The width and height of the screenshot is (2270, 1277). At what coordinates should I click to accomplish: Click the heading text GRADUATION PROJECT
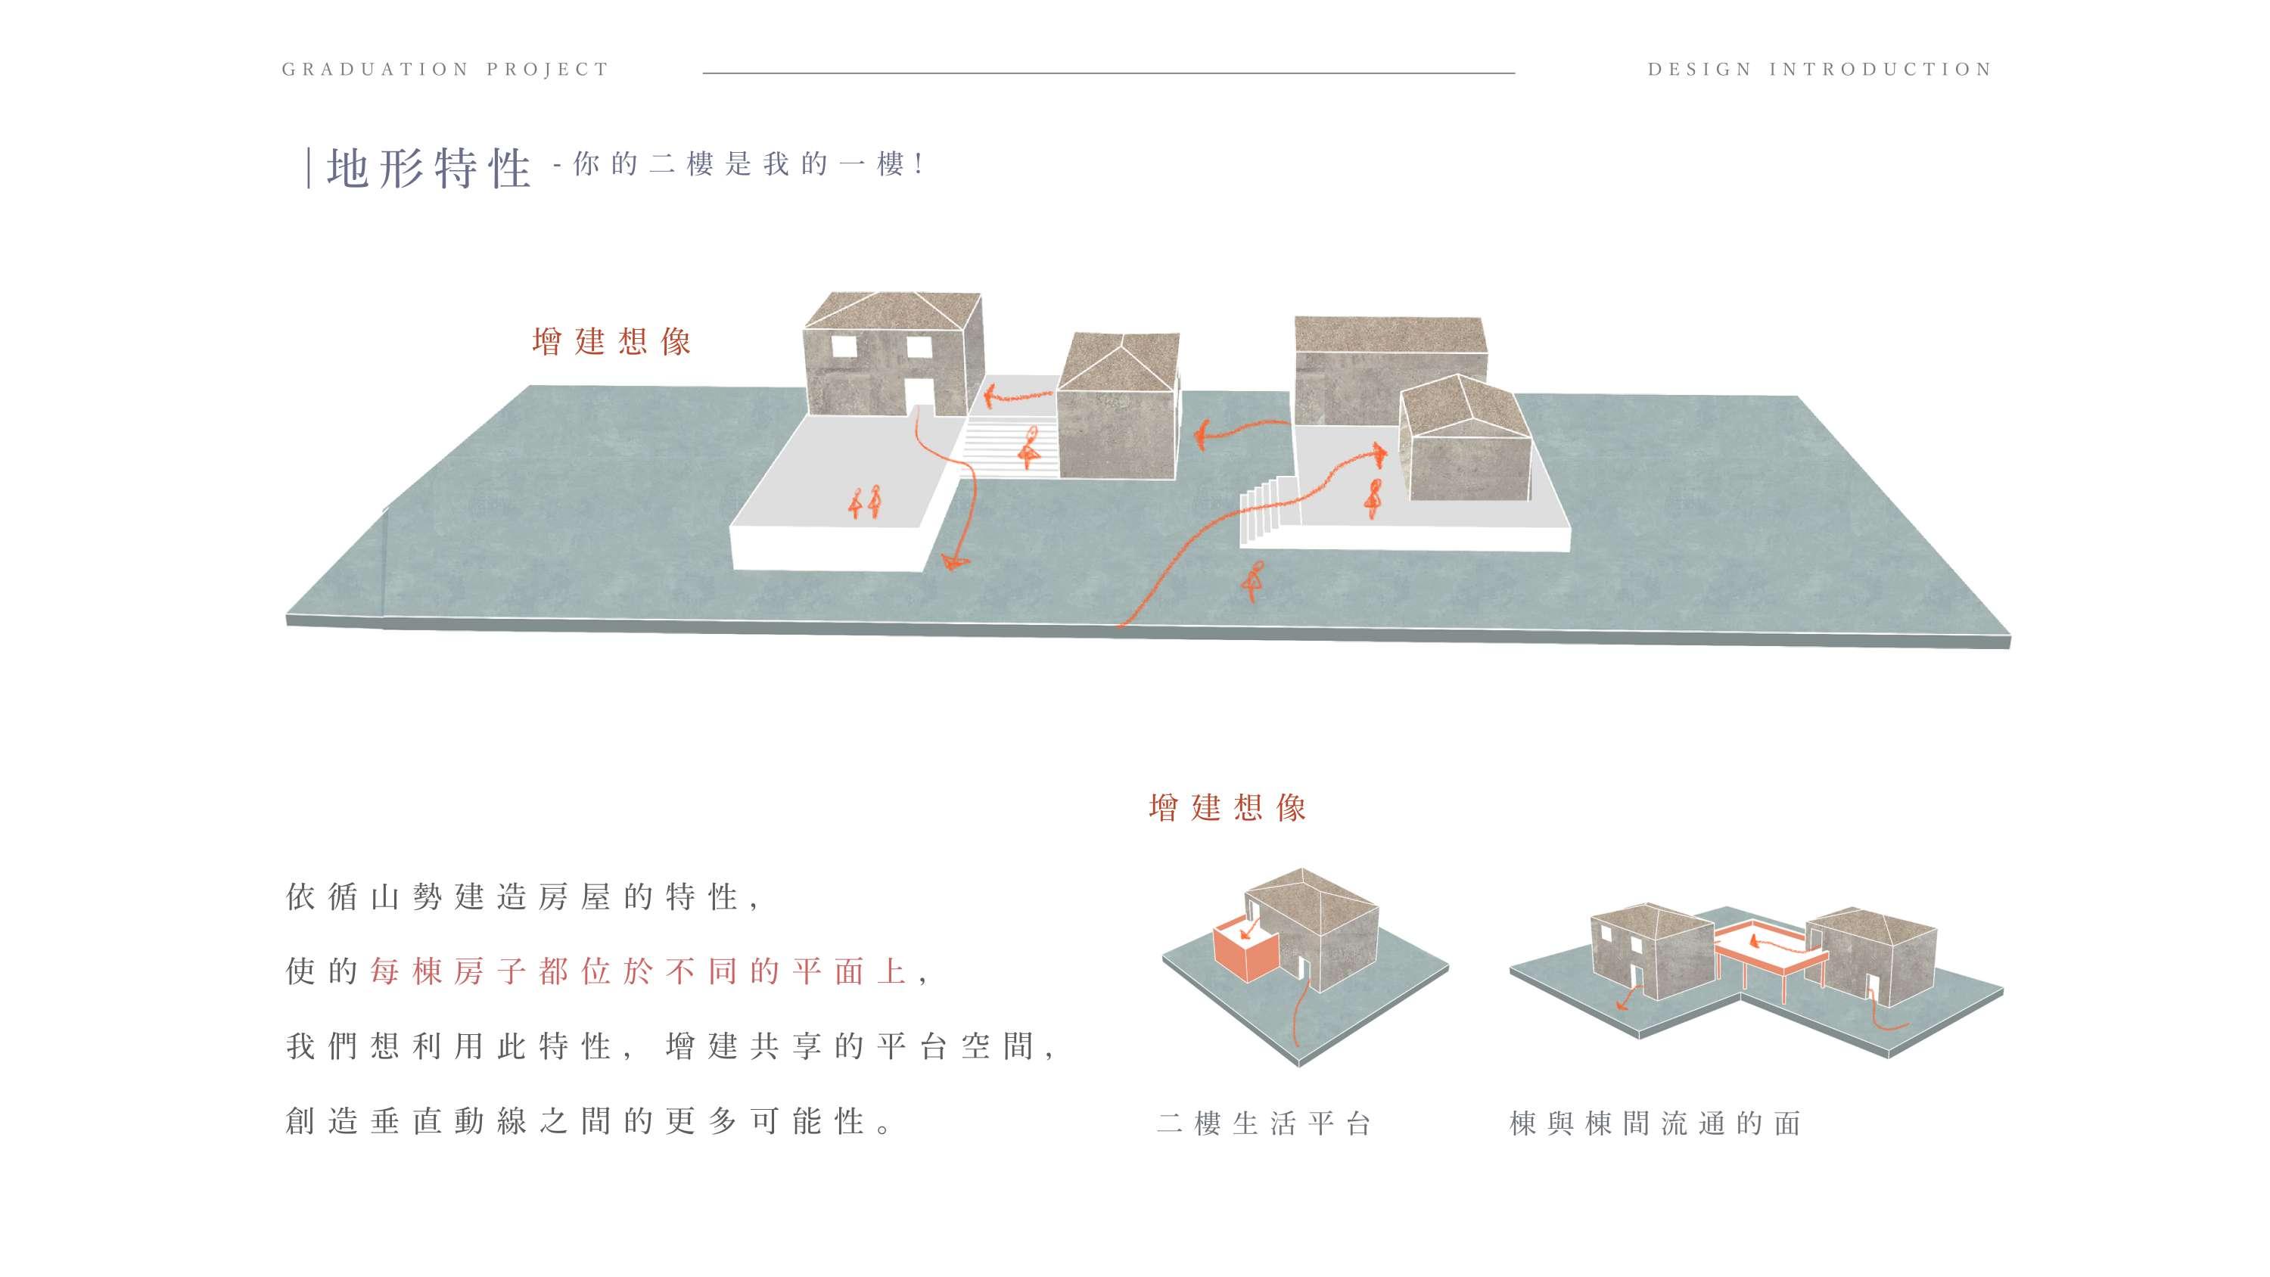pos(445,70)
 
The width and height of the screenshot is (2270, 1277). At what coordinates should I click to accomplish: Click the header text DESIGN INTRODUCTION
pos(1820,70)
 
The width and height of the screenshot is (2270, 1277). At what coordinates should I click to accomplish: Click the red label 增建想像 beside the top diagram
pos(611,341)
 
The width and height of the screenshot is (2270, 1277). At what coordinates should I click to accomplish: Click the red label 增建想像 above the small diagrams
pos(1227,807)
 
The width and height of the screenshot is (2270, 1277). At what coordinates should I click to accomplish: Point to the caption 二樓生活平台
pos(1264,1123)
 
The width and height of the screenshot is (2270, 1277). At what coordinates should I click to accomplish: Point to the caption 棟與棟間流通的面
pos(1655,1123)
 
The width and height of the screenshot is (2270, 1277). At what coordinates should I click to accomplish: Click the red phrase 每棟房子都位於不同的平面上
pos(638,971)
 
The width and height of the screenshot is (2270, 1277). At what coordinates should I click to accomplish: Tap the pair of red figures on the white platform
pos(864,502)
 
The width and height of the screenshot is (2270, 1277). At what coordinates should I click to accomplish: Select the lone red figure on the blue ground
pos(1253,582)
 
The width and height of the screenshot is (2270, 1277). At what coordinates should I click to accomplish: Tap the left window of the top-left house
pos(844,346)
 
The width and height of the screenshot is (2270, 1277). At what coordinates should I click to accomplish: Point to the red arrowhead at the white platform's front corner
pos(953,561)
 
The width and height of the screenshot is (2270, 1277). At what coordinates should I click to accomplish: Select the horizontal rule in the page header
pos(1109,73)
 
